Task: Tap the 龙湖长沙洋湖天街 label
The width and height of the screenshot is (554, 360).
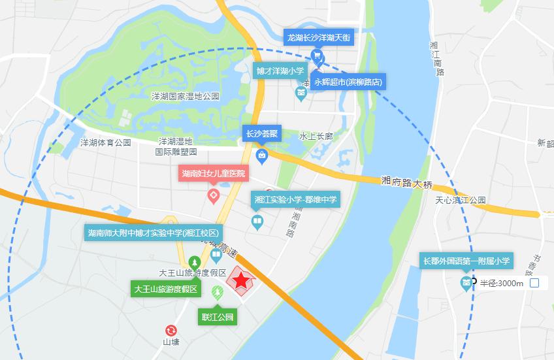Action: pos(319,38)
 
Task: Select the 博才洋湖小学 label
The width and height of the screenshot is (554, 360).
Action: pos(280,71)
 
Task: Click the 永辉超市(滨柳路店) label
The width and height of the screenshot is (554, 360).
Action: pos(348,82)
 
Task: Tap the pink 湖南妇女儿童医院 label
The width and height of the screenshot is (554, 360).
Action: pos(214,174)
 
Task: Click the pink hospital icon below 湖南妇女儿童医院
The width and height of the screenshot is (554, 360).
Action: pos(213,195)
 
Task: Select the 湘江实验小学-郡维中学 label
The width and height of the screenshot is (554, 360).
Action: pos(294,199)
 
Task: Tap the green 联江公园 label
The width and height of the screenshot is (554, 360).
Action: pos(217,318)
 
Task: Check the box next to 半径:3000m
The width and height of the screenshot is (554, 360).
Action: pos(534,283)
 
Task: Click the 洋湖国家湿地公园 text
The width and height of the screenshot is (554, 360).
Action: pos(186,97)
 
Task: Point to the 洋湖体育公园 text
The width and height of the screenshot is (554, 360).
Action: pos(106,142)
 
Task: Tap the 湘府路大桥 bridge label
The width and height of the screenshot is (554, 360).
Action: pos(407,182)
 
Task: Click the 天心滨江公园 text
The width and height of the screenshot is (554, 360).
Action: pos(461,200)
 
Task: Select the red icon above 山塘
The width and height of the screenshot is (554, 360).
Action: pos(171,331)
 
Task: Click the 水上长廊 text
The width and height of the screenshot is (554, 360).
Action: pos(316,137)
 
